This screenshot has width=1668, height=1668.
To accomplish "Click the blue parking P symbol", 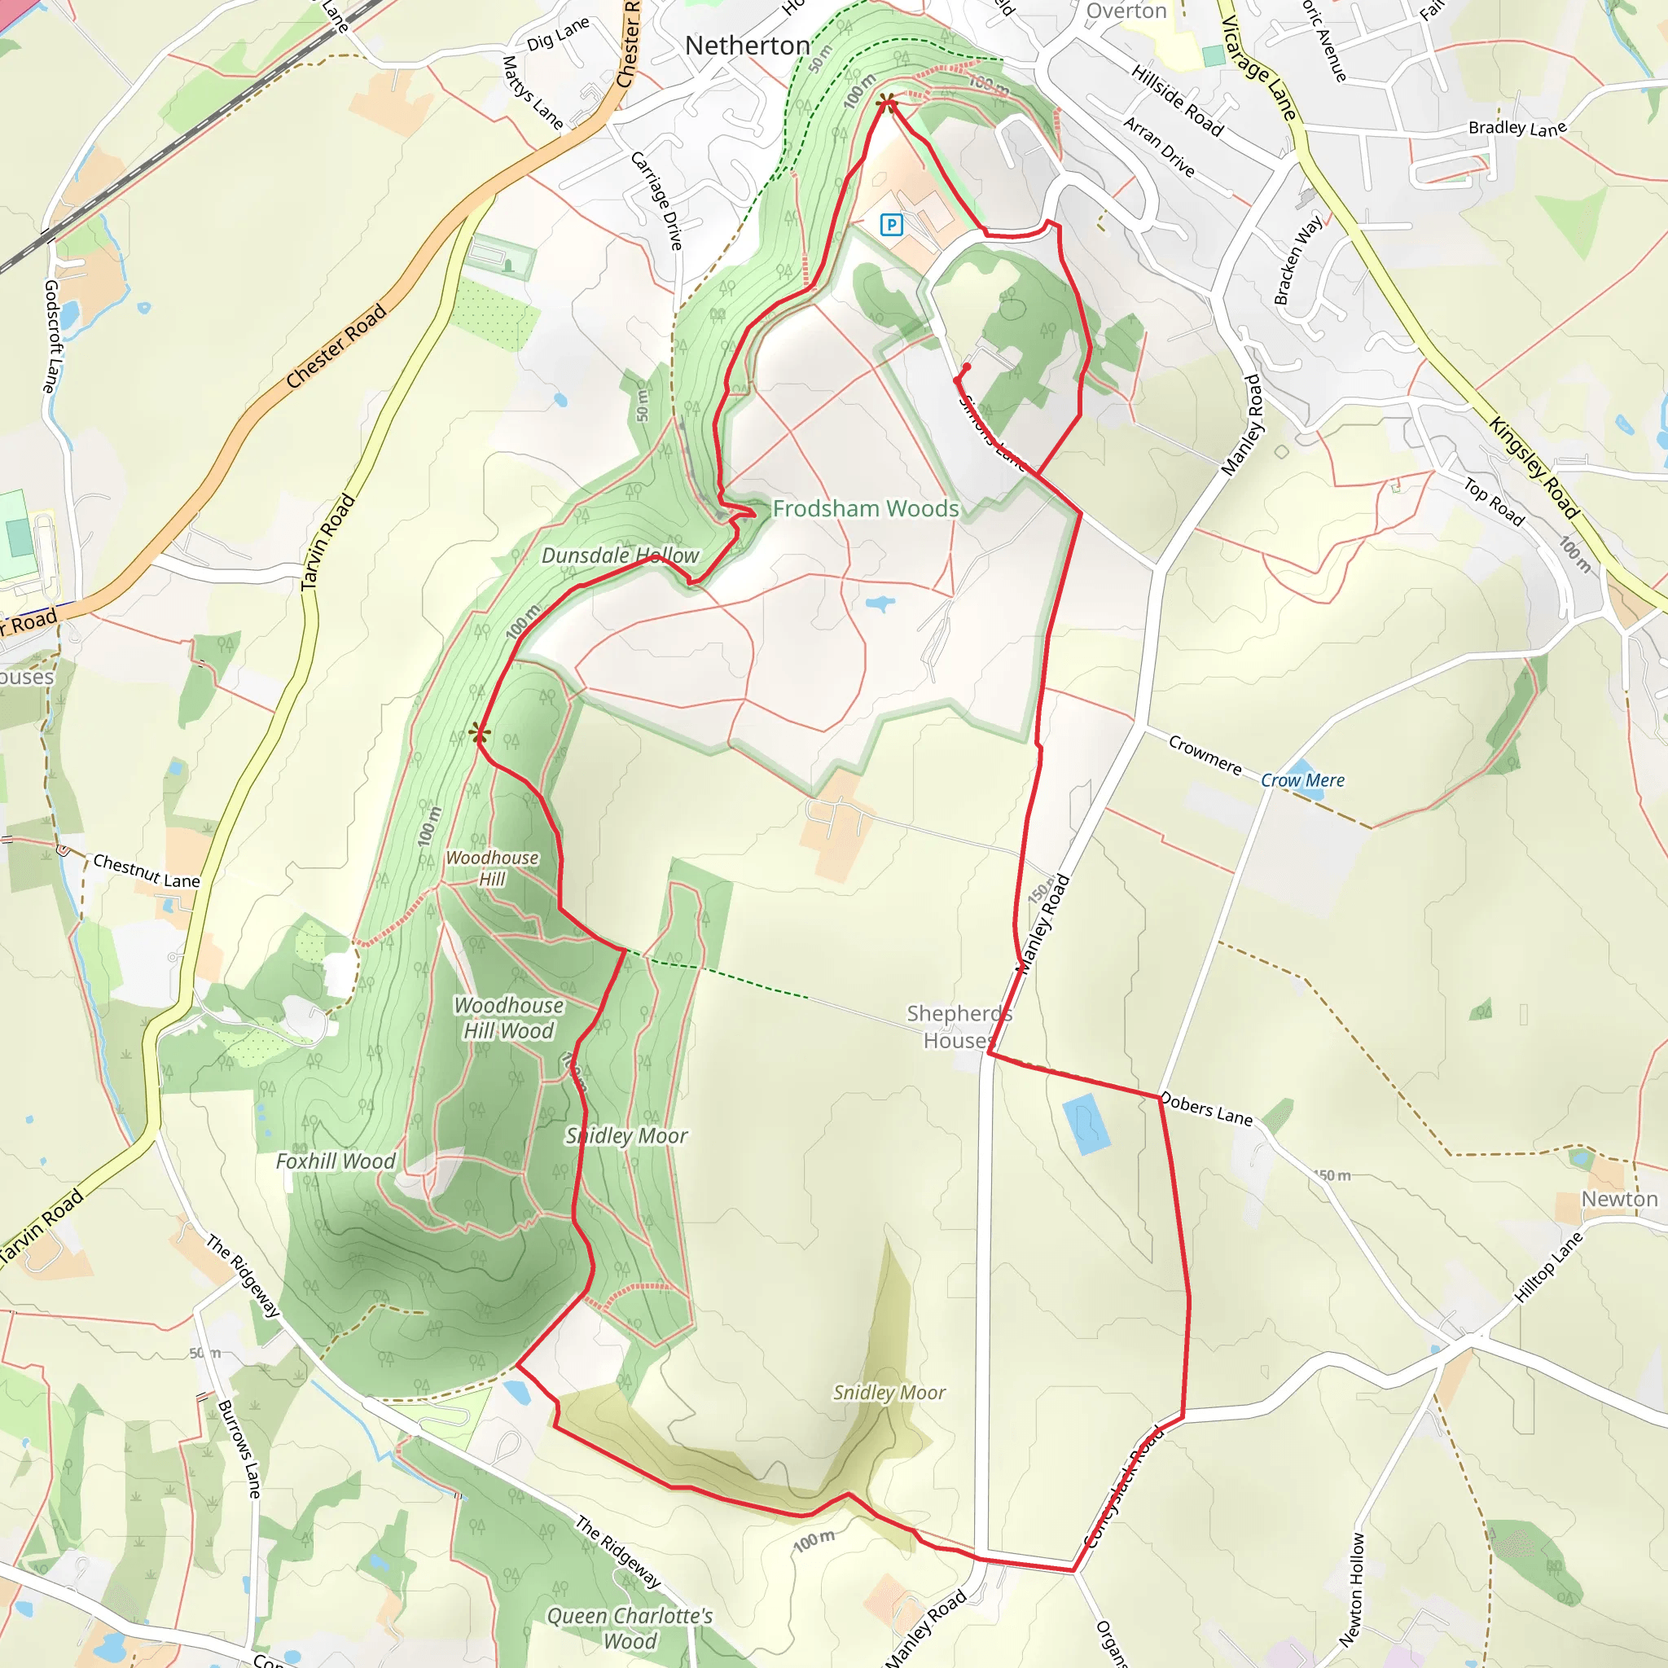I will (x=891, y=226).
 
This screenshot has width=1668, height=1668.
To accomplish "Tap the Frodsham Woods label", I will (x=865, y=508).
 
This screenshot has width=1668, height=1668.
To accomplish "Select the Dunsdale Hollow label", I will (x=620, y=555).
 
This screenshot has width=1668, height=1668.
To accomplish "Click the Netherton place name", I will (x=748, y=46).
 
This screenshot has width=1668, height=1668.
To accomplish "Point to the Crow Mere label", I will (x=1302, y=780).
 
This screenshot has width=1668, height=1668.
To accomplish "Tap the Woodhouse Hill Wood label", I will (x=508, y=1018).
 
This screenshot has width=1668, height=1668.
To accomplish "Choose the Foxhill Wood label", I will (x=335, y=1161).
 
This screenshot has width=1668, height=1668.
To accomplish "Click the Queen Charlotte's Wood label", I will (x=630, y=1628).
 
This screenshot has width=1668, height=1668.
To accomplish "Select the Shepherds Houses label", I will (x=959, y=1026).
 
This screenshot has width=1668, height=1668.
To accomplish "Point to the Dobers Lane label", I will (x=1206, y=1109).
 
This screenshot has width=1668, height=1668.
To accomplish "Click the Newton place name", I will (x=1619, y=1199).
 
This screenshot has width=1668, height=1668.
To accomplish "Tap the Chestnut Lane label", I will (x=146, y=871).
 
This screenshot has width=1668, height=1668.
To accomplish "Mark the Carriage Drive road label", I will (x=657, y=200).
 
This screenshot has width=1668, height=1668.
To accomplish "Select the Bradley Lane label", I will (x=1517, y=128).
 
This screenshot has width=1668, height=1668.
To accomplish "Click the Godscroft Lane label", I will (x=53, y=336).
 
